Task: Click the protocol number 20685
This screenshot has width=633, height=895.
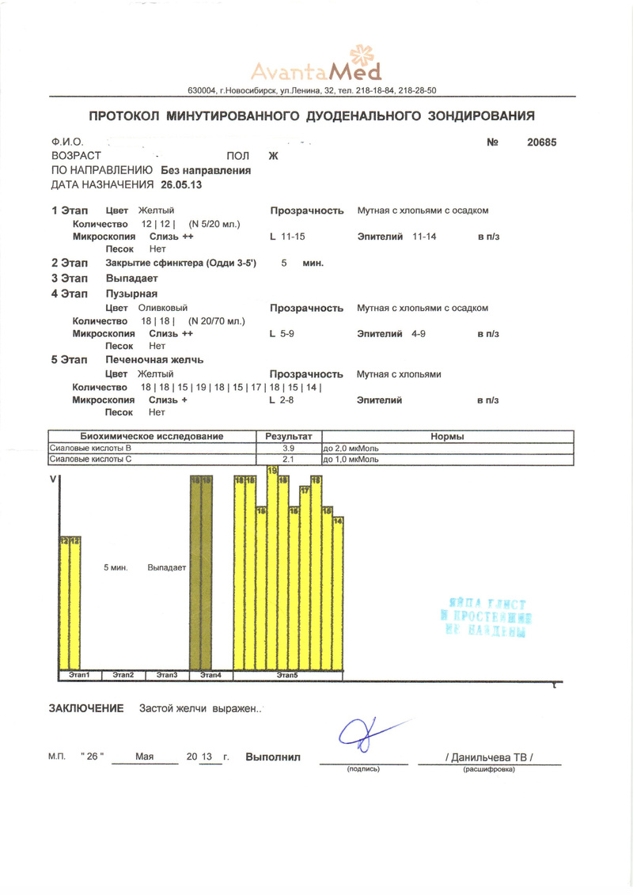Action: pyautogui.click(x=542, y=142)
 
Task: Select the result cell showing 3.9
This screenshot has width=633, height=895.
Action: pyautogui.click(x=288, y=448)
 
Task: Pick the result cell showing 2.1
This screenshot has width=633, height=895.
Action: pyautogui.click(x=288, y=459)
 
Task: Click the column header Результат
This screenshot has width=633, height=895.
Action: pyautogui.click(x=289, y=437)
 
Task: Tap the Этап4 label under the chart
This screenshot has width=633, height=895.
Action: pyautogui.click(x=210, y=674)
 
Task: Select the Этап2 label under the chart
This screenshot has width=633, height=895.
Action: pyautogui.click(x=123, y=674)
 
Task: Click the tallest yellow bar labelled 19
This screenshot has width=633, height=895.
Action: pyautogui.click(x=273, y=570)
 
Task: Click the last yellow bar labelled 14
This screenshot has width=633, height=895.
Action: pyautogui.click(x=337, y=594)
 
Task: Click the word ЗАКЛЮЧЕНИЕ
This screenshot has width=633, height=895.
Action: pyautogui.click(x=87, y=708)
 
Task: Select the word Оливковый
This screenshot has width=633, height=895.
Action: pyautogui.click(x=163, y=308)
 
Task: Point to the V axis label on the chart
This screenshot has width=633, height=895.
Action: pyautogui.click(x=53, y=480)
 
